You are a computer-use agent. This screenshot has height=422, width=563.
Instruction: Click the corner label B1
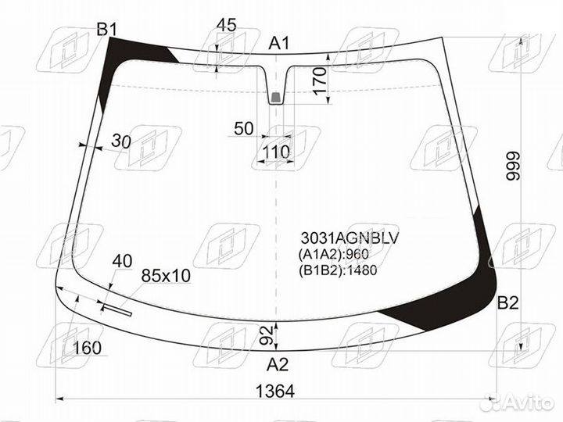coord(107,30)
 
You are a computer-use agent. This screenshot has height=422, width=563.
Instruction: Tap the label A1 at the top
coord(279,44)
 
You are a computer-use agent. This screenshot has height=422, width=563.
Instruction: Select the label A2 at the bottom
coord(277,365)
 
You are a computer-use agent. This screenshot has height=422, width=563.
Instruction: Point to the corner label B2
coord(507,303)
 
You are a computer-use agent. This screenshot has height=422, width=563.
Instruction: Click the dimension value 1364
coord(275,392)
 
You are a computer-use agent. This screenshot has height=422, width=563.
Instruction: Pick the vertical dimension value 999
coord(513,166)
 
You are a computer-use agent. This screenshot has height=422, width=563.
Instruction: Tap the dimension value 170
coord(321,80)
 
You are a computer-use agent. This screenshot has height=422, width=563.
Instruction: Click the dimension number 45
coord(227,25)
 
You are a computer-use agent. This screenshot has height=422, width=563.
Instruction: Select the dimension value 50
coord(244,128)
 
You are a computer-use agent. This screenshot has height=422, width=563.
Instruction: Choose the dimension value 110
coord(277,152)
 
